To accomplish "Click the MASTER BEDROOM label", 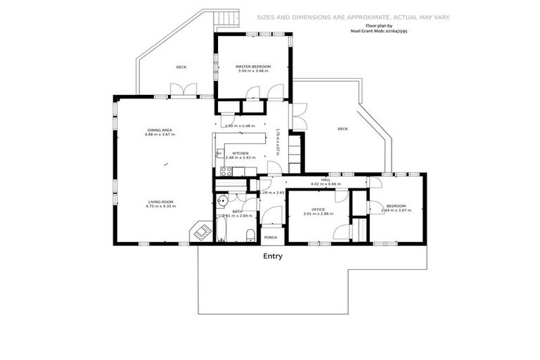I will click(253, 66).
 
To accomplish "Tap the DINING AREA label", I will click(160, 130).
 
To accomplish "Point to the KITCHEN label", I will click(240, 153).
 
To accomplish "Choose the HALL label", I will click(326, 180).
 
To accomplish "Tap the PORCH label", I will click(271, 238).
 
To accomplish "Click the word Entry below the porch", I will click(273, 257).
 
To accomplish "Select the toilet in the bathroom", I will click(250, 235).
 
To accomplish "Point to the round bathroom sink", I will click(221, 199).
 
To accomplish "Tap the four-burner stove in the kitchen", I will click(226, 171).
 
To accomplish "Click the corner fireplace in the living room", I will click(200, 232).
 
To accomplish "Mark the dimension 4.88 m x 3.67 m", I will click(160, 134).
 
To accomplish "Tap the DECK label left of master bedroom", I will click(181, 67).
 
